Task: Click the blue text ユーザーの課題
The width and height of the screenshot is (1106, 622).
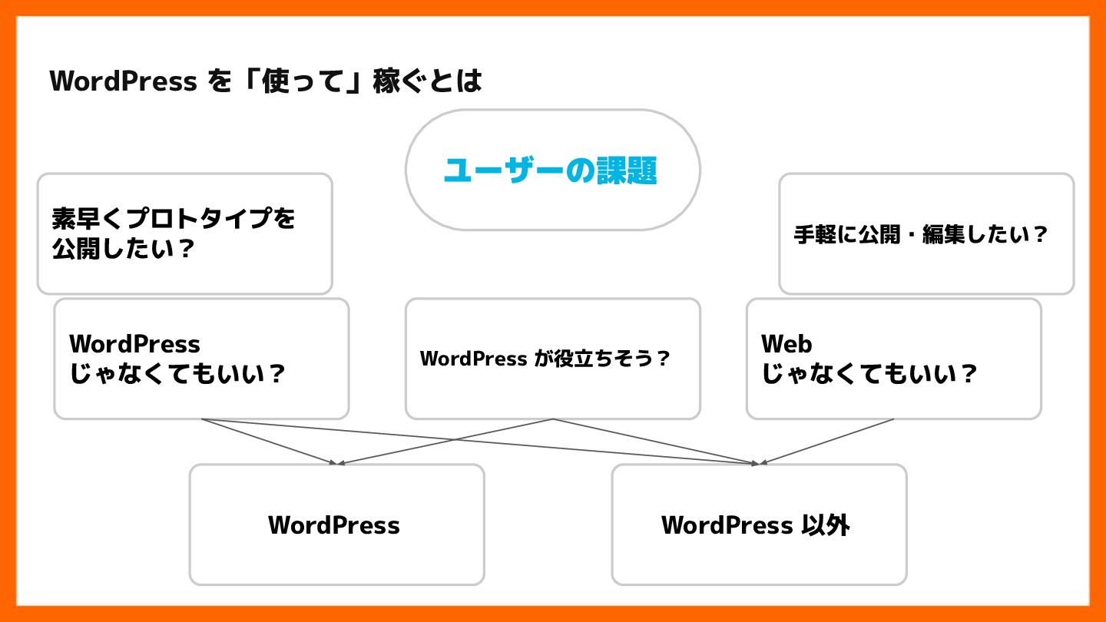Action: pyautogui.click(x=550, y=170)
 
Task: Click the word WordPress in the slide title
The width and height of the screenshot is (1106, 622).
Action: pyautogui.click(x=123, y=81)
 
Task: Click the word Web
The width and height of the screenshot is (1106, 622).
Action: pyautogui.click(x=786, y=343)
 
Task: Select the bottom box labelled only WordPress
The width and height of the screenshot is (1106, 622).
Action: pyautogui.click(x=336, y=525)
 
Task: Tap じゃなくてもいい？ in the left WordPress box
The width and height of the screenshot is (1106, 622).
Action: pyautogui.click(x=177, y=375)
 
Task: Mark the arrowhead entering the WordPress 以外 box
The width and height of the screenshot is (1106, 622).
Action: pyautogui.click(x=756, y=463)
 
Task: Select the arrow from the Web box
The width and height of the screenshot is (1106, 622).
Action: pyautogui.click(x=826, y=441)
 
